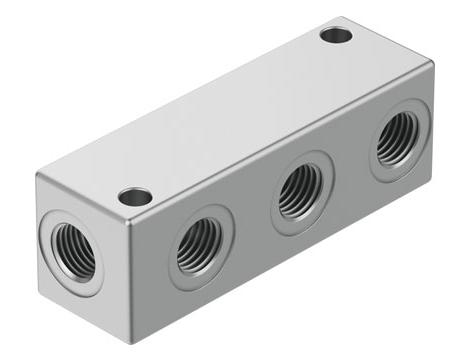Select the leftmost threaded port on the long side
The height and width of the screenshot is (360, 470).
[196, 247]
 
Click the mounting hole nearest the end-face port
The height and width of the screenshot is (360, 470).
[133, 197]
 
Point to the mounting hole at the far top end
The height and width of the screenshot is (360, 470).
[336, 36]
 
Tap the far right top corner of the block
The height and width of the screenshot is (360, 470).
[432, 65]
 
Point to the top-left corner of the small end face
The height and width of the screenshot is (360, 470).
[40, 180]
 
